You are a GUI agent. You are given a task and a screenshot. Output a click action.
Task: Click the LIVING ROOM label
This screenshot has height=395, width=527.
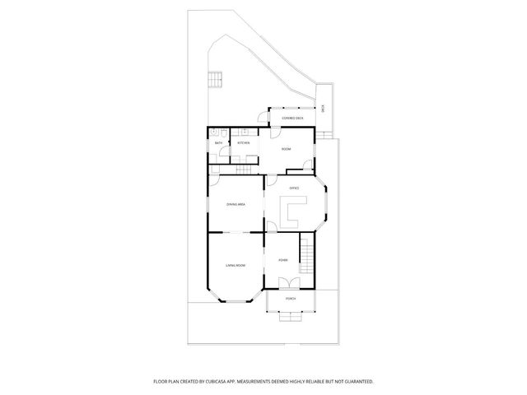click(236, 265)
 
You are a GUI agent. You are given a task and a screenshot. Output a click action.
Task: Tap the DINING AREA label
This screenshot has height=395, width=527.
click(236, 204)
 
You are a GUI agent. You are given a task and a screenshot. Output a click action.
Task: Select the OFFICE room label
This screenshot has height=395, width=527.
click(293, 188)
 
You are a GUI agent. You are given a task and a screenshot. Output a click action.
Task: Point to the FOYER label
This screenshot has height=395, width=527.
click(282, 260)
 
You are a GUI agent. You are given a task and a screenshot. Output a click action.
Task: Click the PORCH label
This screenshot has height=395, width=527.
click(290, 299)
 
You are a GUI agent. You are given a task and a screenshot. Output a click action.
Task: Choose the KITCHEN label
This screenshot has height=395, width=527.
click(244, 143)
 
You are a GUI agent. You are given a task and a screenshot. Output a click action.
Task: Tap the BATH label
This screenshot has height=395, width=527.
click(219, 143)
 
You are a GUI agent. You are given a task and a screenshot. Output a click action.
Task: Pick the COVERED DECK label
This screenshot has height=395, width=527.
click(292, 118)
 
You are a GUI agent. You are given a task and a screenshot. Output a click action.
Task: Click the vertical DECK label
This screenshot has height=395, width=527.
click(324, 108)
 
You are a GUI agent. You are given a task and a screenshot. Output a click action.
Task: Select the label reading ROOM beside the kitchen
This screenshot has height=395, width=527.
click(286, 149)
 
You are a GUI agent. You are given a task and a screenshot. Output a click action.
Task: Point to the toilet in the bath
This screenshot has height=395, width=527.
click(212, 132)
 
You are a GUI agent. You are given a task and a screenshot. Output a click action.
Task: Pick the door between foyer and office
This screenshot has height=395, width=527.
click(272, 228)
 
